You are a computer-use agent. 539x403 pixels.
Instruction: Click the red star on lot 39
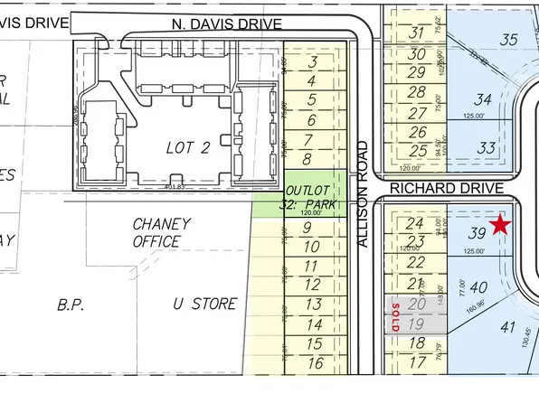[500, 224]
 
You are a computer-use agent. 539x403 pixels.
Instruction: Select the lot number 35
[509, 39]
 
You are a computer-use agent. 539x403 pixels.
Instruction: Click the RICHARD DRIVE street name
[448, 188]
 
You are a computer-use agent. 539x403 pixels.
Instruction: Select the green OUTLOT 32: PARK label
[310, 198]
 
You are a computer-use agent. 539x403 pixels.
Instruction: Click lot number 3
[312, 62]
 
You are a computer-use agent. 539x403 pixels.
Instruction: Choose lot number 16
[315, 363]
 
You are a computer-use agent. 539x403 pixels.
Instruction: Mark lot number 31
[416, 33]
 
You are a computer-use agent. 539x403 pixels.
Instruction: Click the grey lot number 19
[416, 324]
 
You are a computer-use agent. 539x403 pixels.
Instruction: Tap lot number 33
[487, 148]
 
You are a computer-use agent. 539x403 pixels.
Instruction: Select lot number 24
[415, 223]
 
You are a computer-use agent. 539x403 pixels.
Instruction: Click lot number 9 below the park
[307, 228]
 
